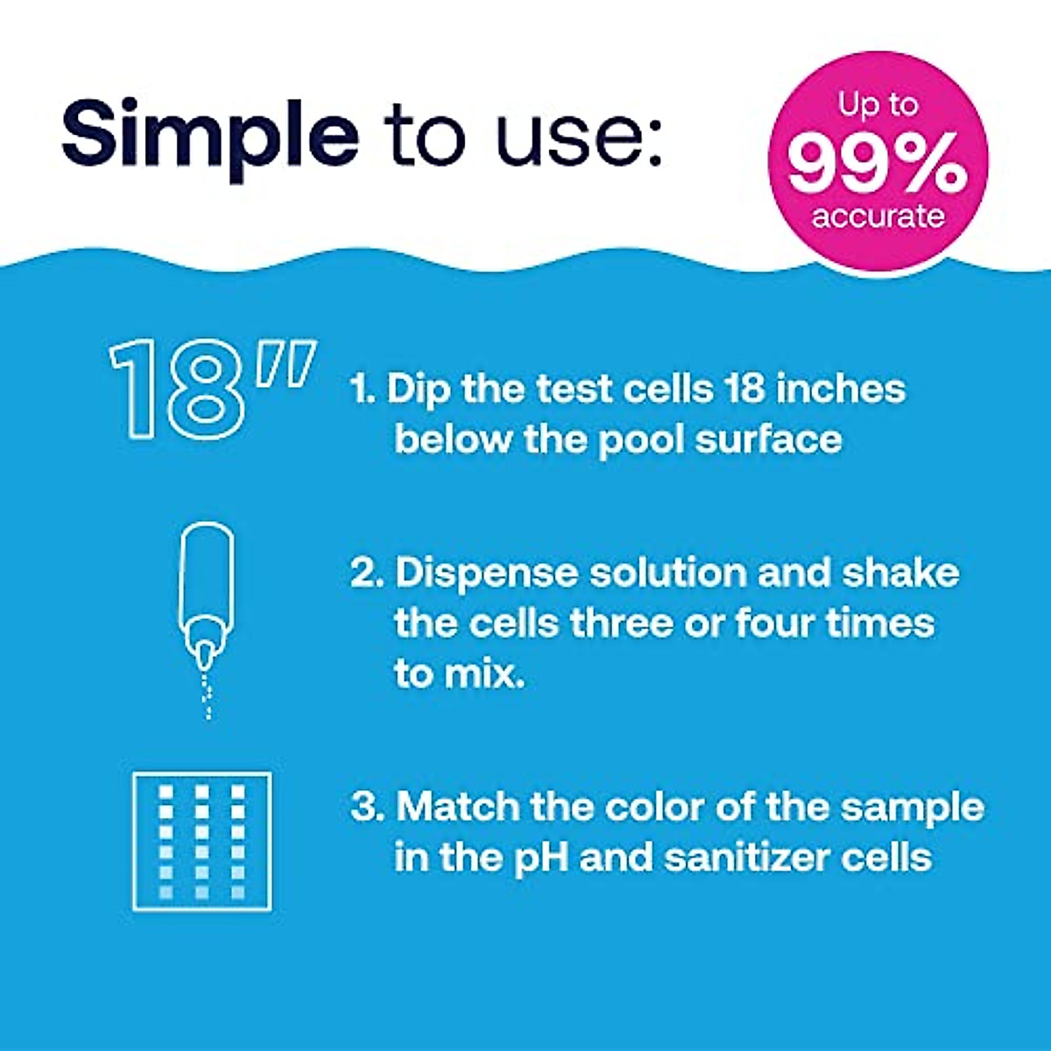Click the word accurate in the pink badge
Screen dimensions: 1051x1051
[878, 215]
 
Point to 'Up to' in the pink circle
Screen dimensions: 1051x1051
[878, 106]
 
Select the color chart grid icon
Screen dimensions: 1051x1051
[202, 842]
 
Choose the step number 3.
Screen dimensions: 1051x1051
[365, 807]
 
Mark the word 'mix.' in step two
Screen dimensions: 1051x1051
[459, 674]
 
